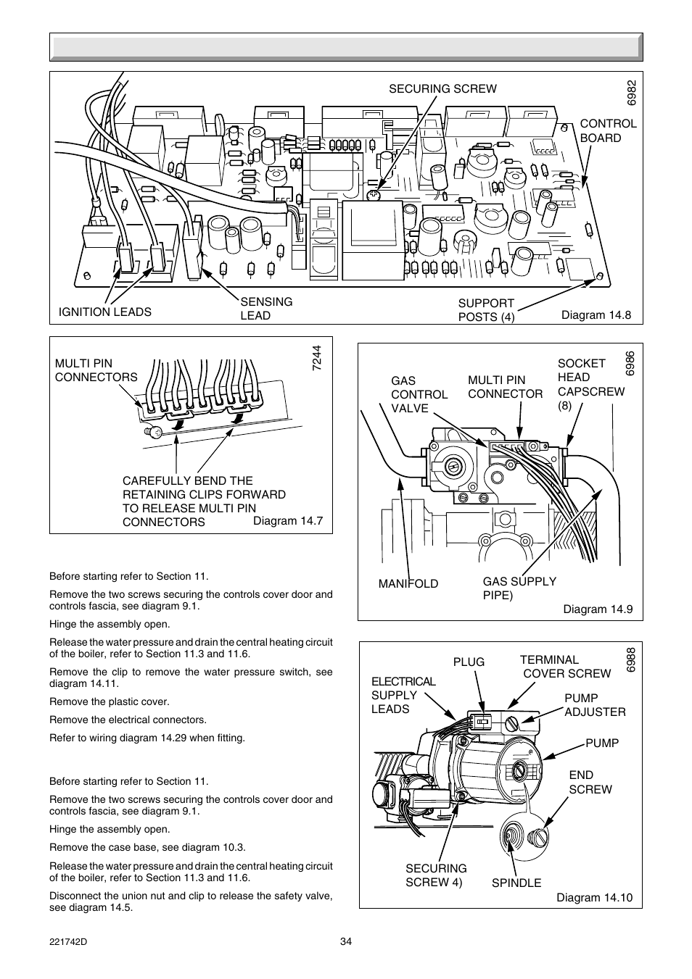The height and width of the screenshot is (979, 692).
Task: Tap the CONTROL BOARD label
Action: point(607,130)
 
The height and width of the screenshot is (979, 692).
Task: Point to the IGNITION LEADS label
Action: point(105,312)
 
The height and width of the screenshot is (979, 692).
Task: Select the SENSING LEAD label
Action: point(266,309)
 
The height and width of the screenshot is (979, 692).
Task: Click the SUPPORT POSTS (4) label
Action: point(486,310)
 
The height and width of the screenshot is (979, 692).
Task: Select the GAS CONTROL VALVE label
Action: point(419,394)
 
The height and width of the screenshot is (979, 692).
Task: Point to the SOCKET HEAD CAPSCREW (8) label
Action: point(590,384)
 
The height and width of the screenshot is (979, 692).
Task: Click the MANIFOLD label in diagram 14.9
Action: point(408,584)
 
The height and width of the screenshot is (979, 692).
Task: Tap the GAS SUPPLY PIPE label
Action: point(519,588)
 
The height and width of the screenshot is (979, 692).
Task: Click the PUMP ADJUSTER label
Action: point(594,705)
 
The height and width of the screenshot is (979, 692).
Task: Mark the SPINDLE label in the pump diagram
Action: point(516,883)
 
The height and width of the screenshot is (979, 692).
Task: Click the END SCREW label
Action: point(590,782)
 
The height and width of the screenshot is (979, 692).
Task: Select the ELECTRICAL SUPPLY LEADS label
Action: point(403,695)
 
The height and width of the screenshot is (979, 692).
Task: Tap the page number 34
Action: point(345,942)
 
